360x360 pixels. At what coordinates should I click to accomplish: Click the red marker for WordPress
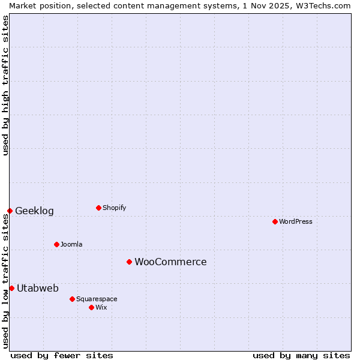[275, 221]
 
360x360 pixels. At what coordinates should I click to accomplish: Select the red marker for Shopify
[98, 208]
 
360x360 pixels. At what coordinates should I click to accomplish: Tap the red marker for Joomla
[56, 244]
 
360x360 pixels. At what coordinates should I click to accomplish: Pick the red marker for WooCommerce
[129, 262]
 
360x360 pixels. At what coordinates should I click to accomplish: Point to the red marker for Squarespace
[72, 299]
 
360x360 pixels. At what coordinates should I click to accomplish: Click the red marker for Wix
[91, 307]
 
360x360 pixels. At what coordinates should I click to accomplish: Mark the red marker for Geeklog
[10, 211]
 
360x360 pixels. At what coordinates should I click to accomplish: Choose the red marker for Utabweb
[11, 288]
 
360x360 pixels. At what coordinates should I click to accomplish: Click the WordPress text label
[296, 221]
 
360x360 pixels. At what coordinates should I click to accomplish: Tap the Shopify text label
[115, 208]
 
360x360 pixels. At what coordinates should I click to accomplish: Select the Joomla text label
[71, 244]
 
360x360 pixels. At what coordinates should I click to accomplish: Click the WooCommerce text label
[170, 262]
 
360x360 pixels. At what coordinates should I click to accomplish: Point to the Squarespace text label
[97, 299]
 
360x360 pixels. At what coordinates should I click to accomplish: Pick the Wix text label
[101, 307]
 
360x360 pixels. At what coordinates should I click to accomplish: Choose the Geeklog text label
[34, 211]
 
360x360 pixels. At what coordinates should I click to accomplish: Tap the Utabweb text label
[38, 288]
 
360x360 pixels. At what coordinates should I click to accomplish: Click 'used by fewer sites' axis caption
[62, 355]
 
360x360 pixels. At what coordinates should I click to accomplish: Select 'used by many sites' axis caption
[301, 355]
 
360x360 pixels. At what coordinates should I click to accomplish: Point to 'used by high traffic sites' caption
[5, 85]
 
